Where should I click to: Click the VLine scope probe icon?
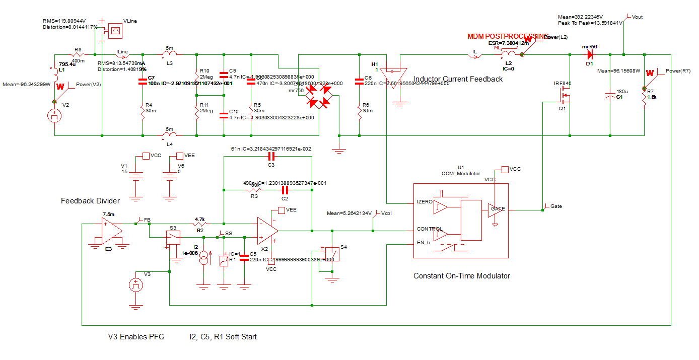[x=115, y=30]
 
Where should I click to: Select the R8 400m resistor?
[x=79, y=54]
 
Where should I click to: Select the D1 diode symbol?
[x=590, y=54]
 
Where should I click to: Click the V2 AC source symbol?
[x=54, y=116]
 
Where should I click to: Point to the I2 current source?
[x=203, y=260]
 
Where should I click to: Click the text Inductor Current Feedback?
[x=458, y=79]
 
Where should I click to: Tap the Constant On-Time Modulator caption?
[x=461, y=276]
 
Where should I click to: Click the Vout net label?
[x=637, y=17]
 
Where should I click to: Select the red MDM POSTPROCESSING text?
[x=507, y=37]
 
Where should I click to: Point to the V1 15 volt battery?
[x=135, y=176]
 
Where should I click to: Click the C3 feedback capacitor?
[x=271, y=157]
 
